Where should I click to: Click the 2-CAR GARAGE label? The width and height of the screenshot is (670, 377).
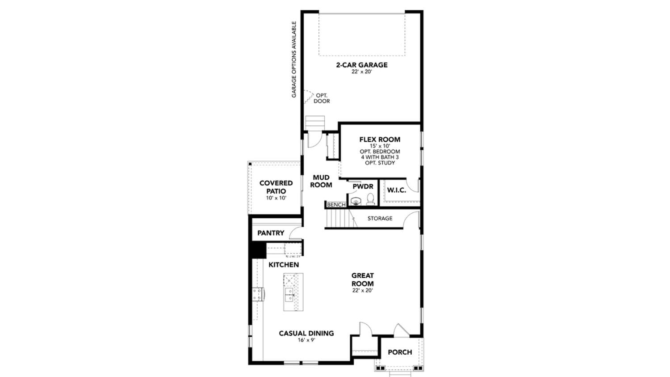361,65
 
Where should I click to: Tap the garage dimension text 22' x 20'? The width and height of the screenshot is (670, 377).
361,72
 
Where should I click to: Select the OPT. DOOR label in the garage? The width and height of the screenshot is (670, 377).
321,98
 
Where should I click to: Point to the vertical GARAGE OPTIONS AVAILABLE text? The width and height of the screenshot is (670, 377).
294,59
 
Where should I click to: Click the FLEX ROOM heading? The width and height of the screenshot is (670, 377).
380,140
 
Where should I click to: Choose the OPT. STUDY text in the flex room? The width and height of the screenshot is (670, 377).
380,163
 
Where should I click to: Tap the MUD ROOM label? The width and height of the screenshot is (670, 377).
321,181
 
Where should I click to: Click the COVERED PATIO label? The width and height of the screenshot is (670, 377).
276,187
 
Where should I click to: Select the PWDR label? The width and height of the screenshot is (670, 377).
363,186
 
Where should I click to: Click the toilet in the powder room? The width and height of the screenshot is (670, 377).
370,199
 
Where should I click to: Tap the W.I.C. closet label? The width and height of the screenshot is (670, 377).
396,190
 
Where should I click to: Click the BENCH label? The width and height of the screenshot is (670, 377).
336,205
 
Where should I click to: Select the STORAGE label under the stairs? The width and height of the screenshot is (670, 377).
380,219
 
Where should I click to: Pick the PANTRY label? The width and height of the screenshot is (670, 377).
271,233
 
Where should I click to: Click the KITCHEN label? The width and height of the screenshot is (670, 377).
284,265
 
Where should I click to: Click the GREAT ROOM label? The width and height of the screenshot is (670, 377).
362,280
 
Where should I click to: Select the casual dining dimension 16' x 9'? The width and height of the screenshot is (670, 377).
306,340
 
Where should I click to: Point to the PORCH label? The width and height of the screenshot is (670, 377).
400,352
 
